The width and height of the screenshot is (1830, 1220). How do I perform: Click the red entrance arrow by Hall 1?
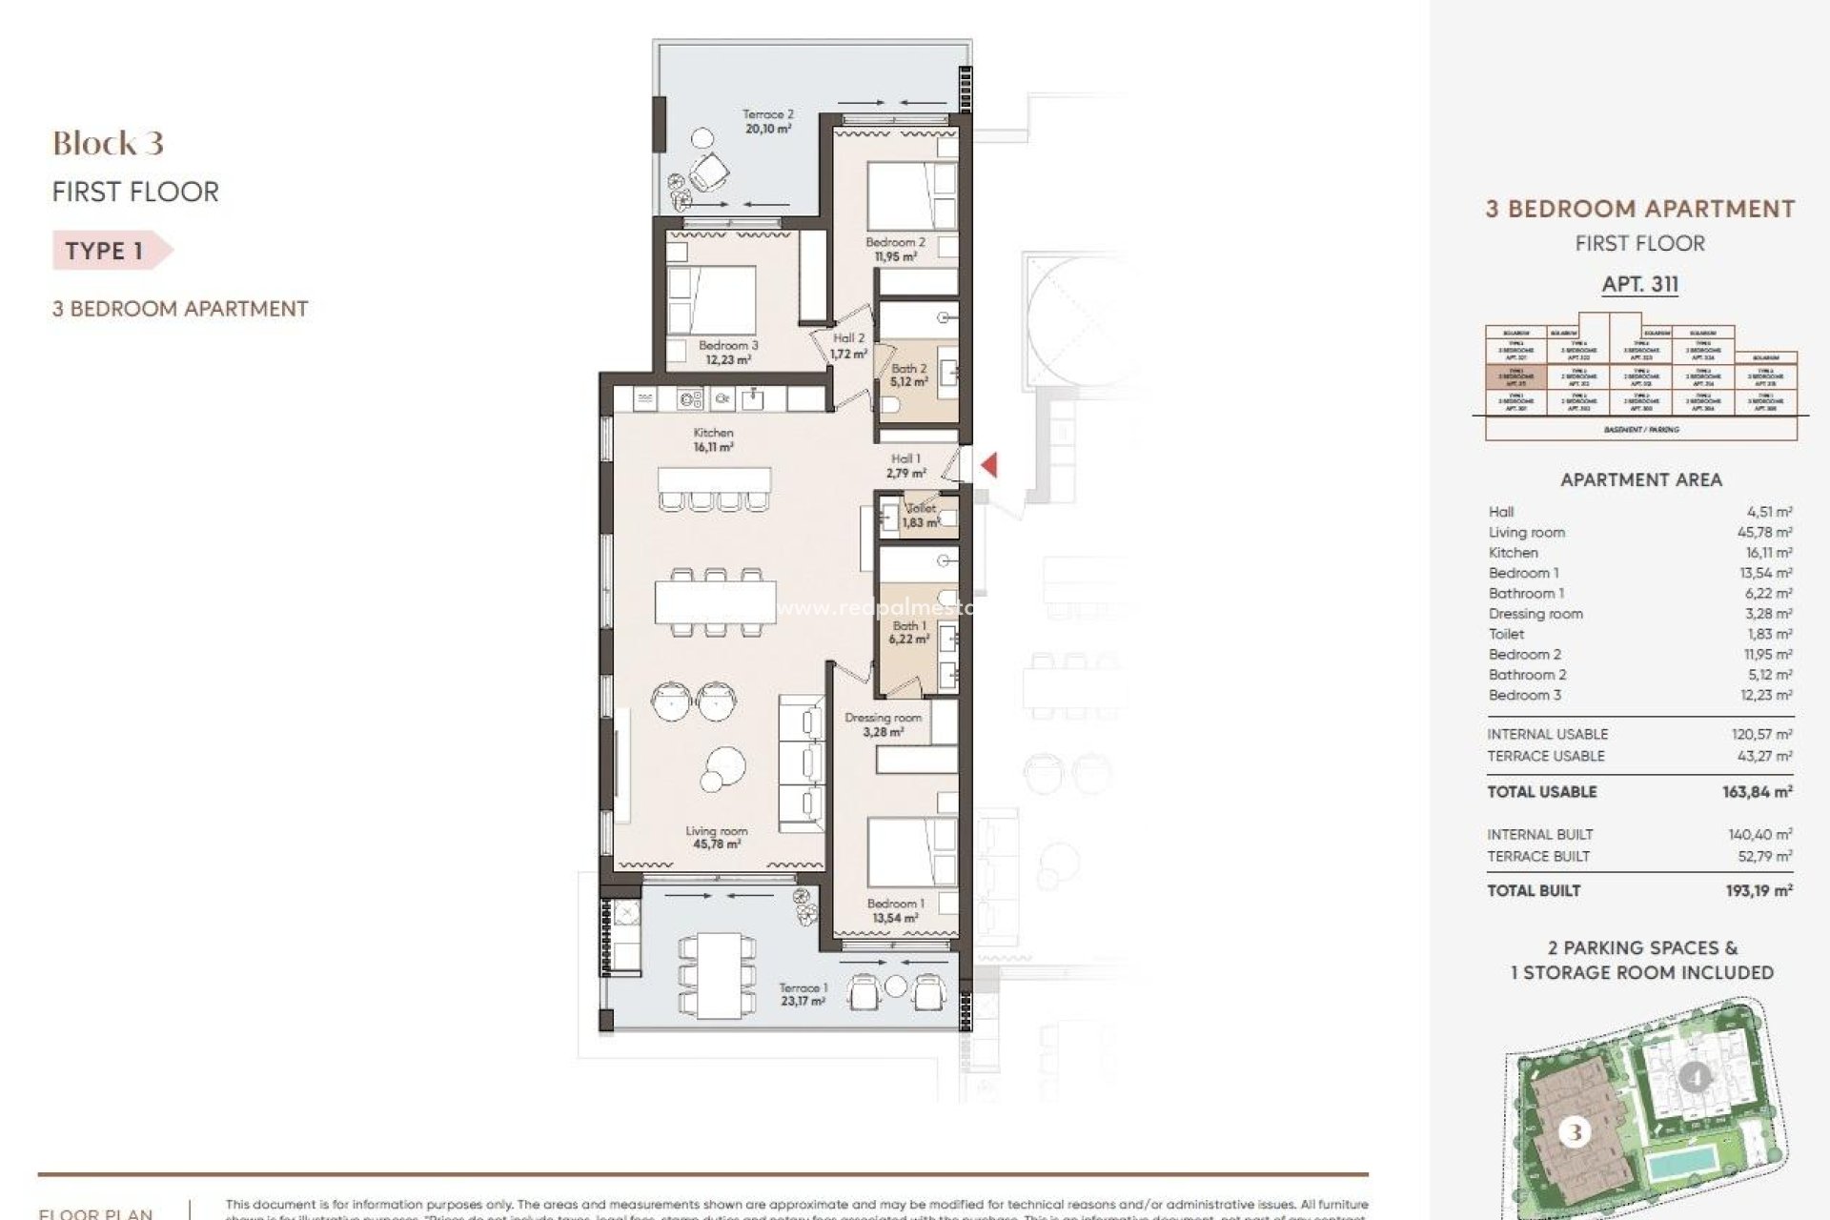pyautogui.click(x=989, y=465)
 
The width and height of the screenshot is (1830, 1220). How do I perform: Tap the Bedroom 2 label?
pyautogui.click(x=895, y=249)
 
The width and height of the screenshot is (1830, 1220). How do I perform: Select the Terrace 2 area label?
pyautogui.click(x=767, y=121)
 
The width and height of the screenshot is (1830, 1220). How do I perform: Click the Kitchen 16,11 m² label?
pyautogui.click(x=713, y=439)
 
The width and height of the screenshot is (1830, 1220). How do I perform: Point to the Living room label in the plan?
pyautogui.click(x=716, y=838)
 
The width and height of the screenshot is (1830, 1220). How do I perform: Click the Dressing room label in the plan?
pyautogui.click(x=883, y=724)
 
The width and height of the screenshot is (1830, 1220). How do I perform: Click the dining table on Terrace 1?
pyautogui.click(x=708, y=975)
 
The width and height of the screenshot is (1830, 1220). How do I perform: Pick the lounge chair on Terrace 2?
pyautogui.click(x=709, y=173)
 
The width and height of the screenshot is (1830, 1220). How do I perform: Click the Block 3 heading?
pyautogui.click(x=108, y=144)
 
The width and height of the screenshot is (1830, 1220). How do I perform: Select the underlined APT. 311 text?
pyautogui.click(x=1639, y=284)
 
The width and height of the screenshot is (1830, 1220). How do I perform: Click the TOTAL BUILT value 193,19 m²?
pyautogui.click(x=1760, y=890)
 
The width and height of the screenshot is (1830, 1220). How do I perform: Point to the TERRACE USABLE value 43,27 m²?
pyautogui.click(x=1763, y=756)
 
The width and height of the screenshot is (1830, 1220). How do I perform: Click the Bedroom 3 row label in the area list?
pyautogui.click(x=1525, y=695)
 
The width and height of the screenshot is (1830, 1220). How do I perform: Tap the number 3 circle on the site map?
pyautogui.click(x=1575, y=1132)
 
